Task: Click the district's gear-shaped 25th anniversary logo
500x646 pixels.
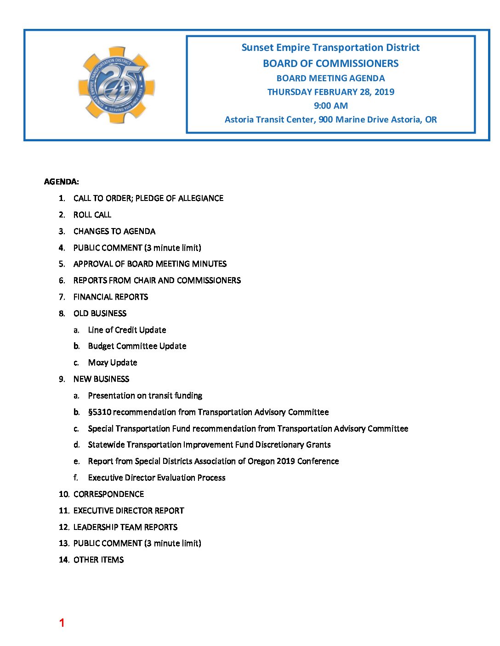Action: click(117, 85)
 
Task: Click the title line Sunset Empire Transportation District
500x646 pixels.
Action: click(330, 48)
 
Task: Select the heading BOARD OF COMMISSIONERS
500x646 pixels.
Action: click(330, 63)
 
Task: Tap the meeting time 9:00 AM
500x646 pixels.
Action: click(330, 106)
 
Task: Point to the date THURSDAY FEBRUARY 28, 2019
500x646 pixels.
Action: click(330, 92)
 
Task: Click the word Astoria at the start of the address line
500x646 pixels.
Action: click(239, 120)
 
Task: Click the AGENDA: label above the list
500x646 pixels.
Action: click(61, 182)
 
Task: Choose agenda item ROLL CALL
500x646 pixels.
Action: click(92, 215)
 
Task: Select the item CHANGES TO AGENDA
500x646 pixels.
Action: click(114, 231)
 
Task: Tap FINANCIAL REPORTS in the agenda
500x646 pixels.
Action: click(110, 297)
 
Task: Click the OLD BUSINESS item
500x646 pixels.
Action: click(100, 313)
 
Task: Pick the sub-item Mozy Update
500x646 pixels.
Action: click(113, 362)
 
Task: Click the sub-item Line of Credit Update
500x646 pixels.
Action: click(127, 330)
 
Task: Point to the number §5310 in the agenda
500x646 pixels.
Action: click(100, 412)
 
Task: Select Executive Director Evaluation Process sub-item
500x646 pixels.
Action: click(157, 478)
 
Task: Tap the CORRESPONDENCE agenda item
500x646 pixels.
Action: click(108, 494)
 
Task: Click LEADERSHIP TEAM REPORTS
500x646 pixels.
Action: click(125, 527)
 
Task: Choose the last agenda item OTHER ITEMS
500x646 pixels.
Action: click(98, 560)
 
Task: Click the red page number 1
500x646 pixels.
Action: click(62, 623)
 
